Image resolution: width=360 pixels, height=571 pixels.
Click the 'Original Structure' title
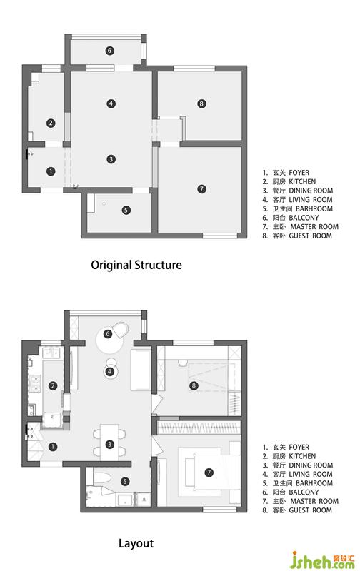136,265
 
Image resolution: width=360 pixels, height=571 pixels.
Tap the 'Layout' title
136,544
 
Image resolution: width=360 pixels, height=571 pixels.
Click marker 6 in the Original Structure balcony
110,51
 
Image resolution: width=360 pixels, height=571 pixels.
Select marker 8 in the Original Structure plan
201,103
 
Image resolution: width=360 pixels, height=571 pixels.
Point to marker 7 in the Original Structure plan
201,189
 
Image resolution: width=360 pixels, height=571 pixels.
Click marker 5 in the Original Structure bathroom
126,210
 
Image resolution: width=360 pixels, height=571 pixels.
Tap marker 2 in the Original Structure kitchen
51,123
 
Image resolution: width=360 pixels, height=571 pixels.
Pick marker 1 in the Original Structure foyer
51,171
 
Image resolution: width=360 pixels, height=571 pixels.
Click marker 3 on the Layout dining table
109,444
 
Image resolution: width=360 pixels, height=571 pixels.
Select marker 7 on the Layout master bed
209,473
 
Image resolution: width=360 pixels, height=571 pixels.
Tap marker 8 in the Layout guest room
194,385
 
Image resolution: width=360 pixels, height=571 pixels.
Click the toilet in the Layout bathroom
101,478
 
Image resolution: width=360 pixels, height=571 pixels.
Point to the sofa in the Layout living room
141,370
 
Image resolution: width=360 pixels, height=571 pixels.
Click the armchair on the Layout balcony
121,330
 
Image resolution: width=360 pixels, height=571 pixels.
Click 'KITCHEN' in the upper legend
302,182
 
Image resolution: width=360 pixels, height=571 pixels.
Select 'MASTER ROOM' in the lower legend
314,501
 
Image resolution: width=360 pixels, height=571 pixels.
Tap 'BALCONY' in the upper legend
304,218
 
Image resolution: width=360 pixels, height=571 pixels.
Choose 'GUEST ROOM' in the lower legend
311,510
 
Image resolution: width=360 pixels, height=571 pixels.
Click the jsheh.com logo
322,560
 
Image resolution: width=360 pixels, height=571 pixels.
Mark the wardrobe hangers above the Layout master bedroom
199,427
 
